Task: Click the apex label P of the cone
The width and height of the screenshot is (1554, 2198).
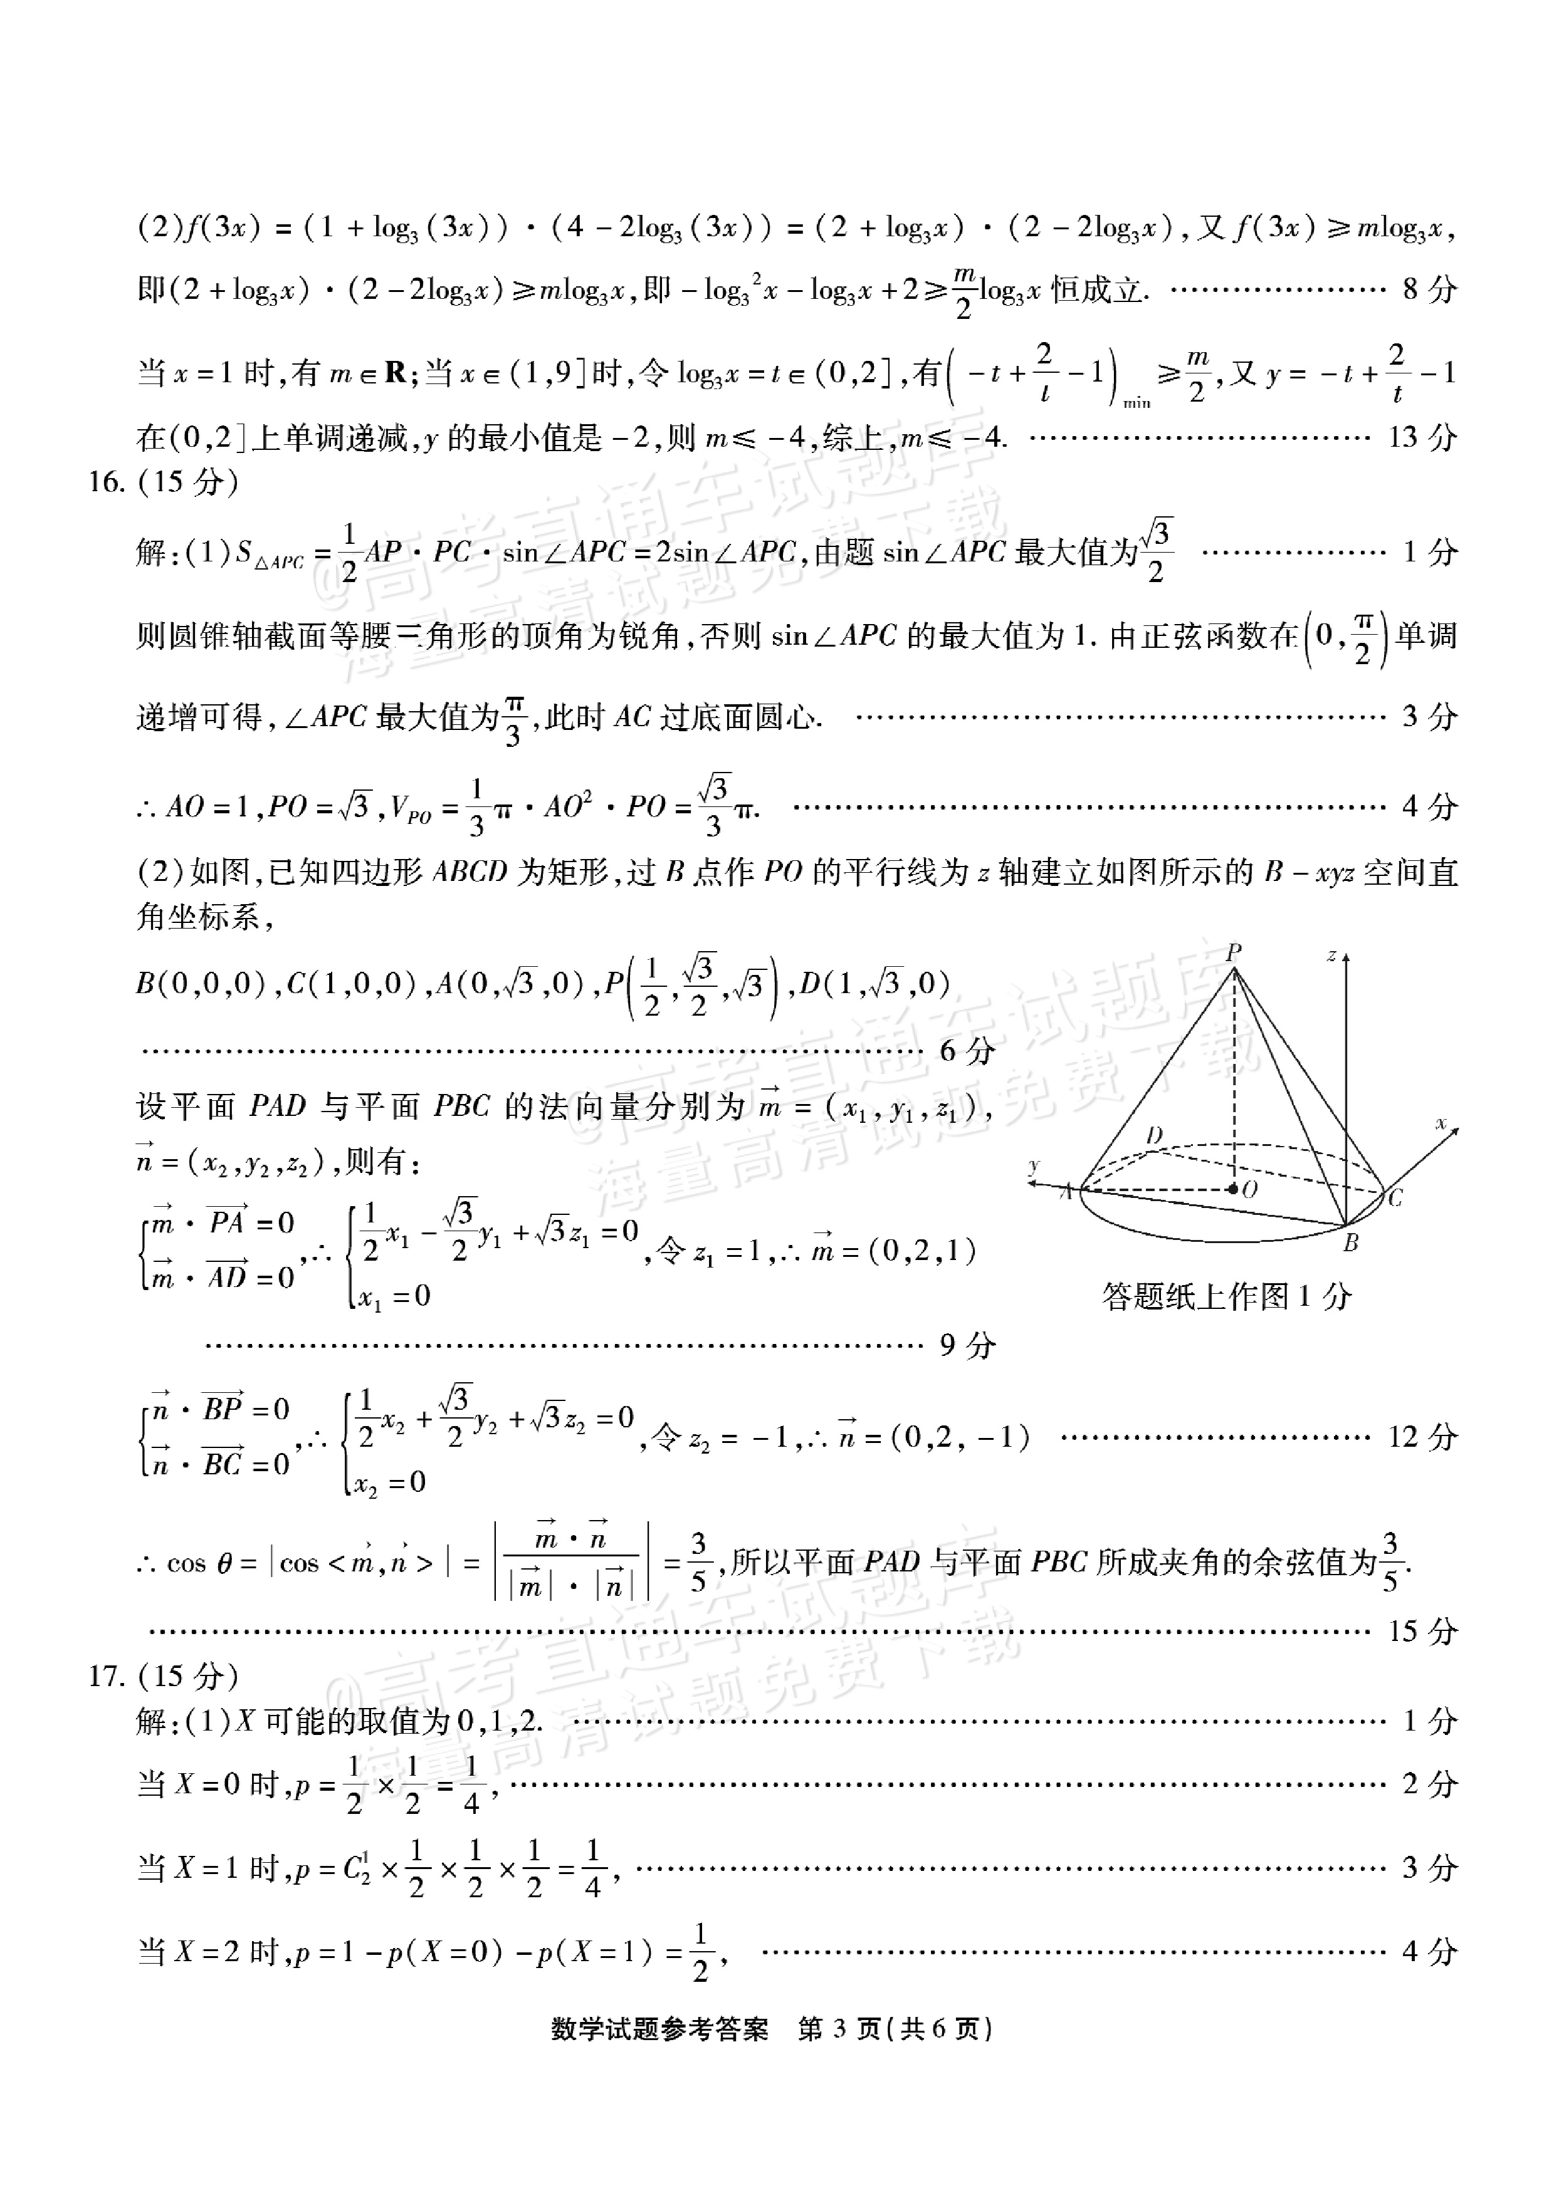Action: click(1233, 952)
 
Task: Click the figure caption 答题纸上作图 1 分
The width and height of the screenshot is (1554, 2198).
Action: click(1227, 1296)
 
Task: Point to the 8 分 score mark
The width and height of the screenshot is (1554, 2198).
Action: click(1429, 289)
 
